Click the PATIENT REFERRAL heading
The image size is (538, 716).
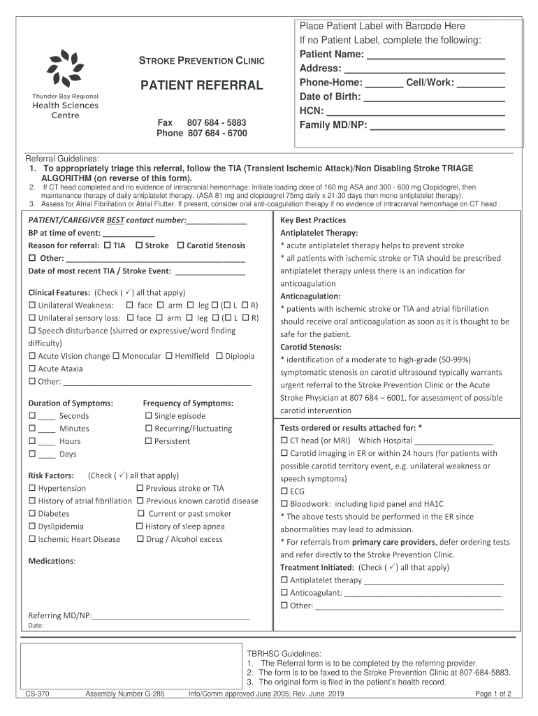(202, 86)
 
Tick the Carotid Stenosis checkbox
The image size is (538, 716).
(180, 246)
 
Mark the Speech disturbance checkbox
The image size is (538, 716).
(32, 331)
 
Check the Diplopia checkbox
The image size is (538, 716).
(219, 356)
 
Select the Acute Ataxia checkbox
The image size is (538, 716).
(32, 368)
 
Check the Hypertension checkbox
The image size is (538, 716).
(32, 489)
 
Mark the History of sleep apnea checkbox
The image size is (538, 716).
(140, 527)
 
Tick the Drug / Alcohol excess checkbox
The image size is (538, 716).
(140, 539)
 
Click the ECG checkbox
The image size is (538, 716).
(284, 492)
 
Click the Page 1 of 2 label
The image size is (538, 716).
(493, 694)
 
